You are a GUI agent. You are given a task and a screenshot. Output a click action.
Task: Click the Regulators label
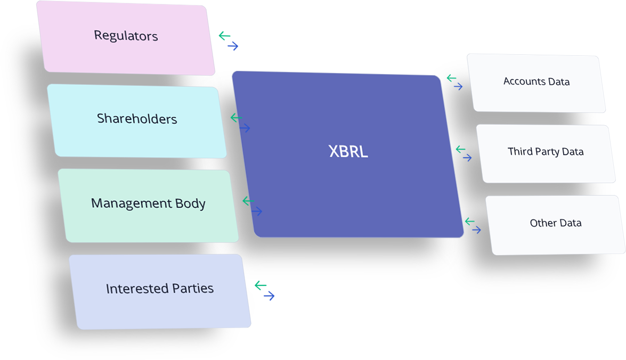126,36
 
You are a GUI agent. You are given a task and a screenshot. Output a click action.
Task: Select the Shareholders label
137,118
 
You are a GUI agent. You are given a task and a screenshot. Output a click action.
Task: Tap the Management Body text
148,203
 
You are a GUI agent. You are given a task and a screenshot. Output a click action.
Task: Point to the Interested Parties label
159,289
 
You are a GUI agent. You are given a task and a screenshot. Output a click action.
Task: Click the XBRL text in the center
348,152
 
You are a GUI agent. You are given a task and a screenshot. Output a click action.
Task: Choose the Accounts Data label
536,81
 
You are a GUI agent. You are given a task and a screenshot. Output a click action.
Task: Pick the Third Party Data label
546,152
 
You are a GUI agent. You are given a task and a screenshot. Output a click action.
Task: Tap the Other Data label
555,223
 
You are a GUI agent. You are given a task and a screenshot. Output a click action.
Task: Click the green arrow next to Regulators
224,36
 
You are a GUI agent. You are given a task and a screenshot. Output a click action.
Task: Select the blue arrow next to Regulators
233,46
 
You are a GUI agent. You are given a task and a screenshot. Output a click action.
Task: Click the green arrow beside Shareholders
236,118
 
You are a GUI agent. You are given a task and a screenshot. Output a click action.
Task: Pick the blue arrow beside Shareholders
245,128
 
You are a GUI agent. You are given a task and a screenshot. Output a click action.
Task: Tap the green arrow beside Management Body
248,201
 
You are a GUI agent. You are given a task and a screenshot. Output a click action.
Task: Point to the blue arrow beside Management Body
257,211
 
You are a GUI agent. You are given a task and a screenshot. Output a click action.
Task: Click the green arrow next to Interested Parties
260,285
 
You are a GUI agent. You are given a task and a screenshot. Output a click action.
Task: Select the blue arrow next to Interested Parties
269,296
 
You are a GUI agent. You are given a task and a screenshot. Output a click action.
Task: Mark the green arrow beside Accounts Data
451,78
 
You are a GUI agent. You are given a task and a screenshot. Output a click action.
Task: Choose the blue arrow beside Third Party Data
467,158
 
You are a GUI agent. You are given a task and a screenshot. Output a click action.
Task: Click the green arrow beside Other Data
469,221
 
